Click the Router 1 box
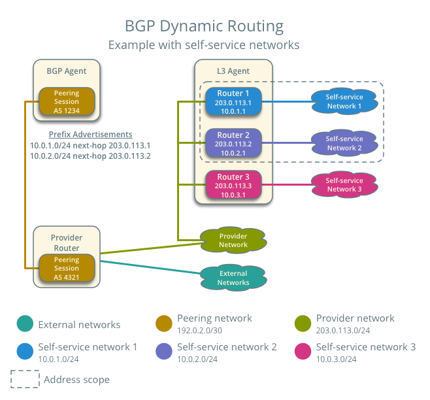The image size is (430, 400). (233, 102)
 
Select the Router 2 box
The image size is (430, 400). (233, 143)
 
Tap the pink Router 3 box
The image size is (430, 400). (233, 185)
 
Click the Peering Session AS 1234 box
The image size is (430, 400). (67, 102)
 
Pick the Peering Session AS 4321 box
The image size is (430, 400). (67, 269)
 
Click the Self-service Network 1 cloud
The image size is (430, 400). (344, 101)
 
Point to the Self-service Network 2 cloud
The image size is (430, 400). (344, 143)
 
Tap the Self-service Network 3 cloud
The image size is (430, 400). (344, 185)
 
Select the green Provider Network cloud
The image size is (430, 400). (233, 241)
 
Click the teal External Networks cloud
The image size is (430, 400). (233, 278)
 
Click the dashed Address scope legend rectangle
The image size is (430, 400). (24, 380)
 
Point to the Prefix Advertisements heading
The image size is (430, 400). (90, 134)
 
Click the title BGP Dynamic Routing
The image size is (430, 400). (205, 27)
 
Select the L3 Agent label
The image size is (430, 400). (233, 71)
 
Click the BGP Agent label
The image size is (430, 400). (67, 71)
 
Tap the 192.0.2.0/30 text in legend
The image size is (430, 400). (201, 331)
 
